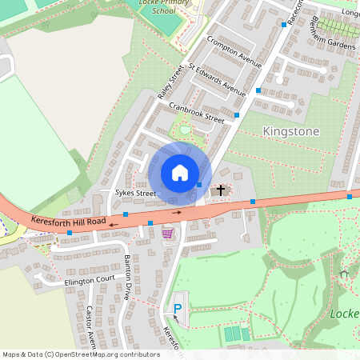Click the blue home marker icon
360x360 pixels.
click(180, 172)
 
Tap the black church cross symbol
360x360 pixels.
click(221, 190)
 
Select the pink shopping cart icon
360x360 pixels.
click(167, 233)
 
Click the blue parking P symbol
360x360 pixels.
click(178, 309)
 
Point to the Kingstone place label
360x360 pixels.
click(290, 131)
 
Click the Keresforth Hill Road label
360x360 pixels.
click(68, 220)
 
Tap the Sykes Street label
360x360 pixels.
click(134, 193)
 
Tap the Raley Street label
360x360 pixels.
click(171, 82)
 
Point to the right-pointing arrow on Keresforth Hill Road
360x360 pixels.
click(177, 212)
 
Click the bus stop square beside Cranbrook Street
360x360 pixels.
click(237, 117)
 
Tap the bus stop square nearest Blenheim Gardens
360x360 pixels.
click(283, 25)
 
